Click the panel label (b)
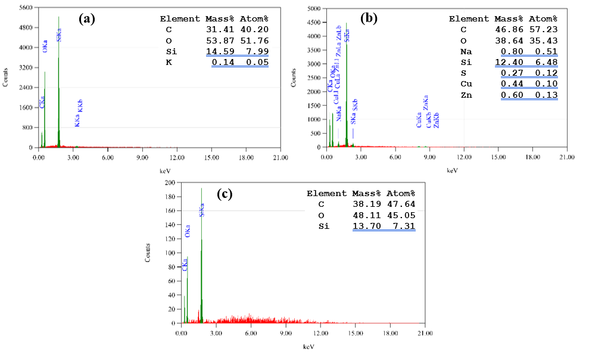point(369,18)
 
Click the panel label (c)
point(225,194)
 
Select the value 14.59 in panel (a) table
point(219,52)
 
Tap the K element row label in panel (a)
point(169,62)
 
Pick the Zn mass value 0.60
point(512,95)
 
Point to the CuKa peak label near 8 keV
point(419,122)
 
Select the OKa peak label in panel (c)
point(188,231)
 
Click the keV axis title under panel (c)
point(308,346)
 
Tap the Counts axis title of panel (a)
point(7,77)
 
